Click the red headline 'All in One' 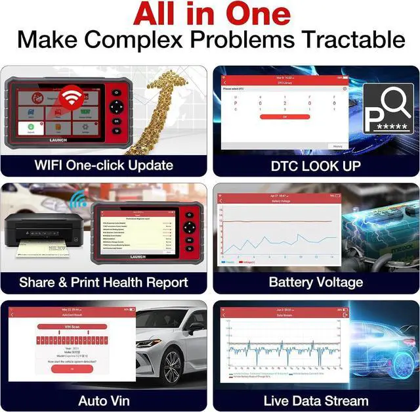click(x=210, y=14)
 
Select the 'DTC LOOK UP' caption click(x=315, y=166)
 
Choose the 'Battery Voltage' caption click(x=316, y=283)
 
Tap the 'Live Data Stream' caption click(x=316, y=400)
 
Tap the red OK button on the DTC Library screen click(x=284, y=116)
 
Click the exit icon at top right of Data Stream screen click(x=346, y=316)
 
